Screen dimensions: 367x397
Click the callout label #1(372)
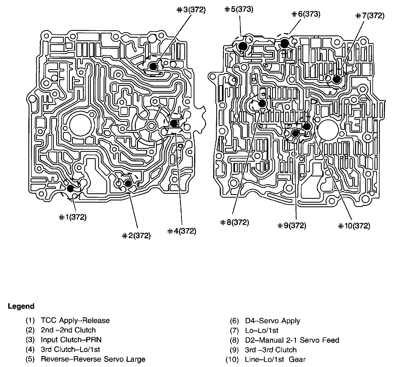point(73,217)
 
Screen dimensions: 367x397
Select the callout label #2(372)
point(136,236)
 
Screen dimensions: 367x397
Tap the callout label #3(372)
point(191,10)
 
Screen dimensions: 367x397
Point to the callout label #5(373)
point(239,10)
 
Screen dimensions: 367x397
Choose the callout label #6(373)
point(306,14)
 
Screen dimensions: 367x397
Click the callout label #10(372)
point(354,226)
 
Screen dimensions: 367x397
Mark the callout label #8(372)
point(234,222)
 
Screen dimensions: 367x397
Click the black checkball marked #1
point(70,188)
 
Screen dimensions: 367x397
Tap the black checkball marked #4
point(174,123)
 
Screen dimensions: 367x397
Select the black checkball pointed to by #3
point(153,66)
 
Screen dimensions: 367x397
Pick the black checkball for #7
point(337,79)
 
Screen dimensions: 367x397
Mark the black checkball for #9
point(295,134)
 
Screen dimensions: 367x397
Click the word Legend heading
point(21,306)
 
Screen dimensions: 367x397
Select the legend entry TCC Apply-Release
point(75,320)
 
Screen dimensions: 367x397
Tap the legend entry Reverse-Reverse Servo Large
point(93,359)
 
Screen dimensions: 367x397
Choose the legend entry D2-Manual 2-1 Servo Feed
point(292,340)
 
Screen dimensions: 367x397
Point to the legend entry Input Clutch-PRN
point(71,340)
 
